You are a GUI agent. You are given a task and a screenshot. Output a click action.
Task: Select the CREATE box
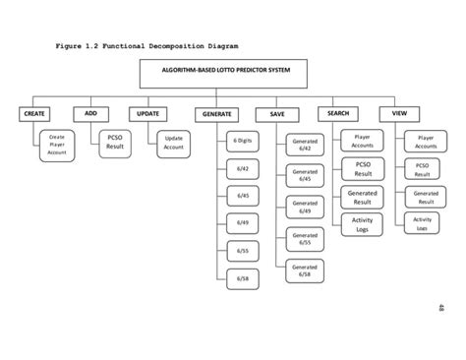click(x=35, y=114)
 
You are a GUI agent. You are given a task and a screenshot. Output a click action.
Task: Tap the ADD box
click(x=90, y=114)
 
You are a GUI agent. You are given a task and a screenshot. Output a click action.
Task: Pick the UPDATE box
click(x=146, y=114)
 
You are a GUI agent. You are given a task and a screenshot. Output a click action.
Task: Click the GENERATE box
click(x=216, y=114)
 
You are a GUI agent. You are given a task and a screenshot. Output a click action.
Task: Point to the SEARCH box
click(x=338, y=114)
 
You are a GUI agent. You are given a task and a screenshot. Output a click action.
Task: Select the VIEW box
click(x=399, y=114)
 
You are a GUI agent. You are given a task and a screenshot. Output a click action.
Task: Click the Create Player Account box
click(x=57, y=146)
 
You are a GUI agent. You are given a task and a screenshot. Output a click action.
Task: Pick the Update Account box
click(x=174, y=144)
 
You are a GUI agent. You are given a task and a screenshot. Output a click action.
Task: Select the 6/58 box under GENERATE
click(x=242, y=279)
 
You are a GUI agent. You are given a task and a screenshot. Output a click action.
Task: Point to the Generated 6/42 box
click(x=305, y=147)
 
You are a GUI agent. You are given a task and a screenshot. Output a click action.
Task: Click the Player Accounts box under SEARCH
click(x=362, y=143)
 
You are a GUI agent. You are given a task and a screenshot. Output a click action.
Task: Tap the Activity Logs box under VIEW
click(x=423, y=223)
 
